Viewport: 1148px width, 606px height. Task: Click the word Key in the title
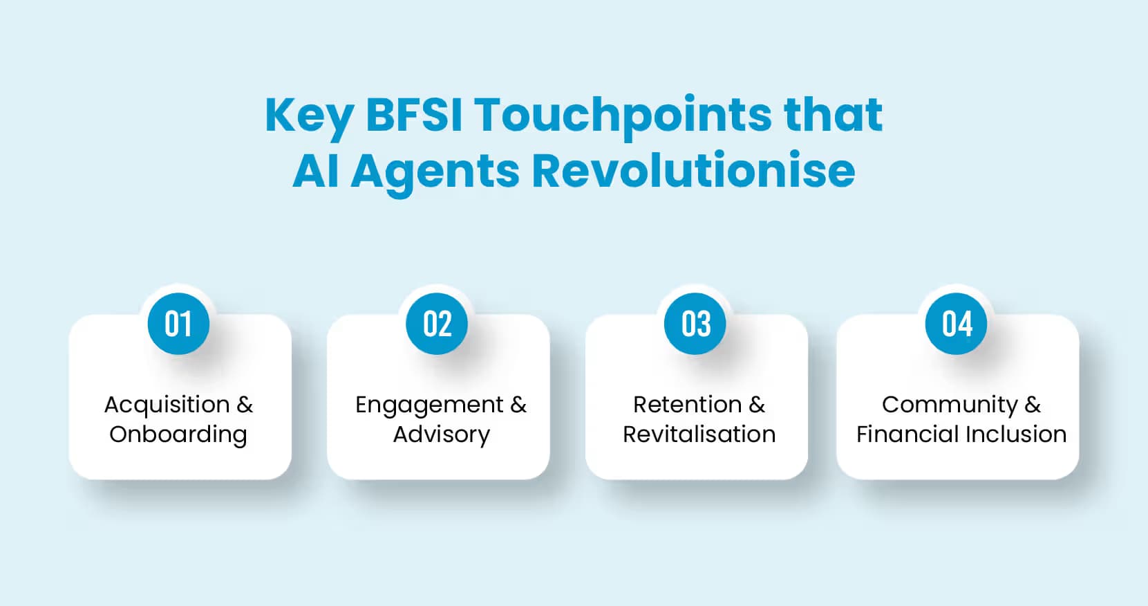tap(308, 116)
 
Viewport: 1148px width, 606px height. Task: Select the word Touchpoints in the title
tap(622, 116)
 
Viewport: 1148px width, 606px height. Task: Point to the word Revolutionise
tap(693, 170)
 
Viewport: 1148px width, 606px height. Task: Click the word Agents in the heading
tap(435, 172)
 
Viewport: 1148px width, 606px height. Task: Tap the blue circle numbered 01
tap(178, 324)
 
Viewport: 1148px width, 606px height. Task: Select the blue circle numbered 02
tap(437, 324)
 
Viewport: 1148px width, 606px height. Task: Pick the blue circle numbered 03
tap(695, 324)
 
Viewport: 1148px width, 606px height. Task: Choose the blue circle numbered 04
tap(957, 324)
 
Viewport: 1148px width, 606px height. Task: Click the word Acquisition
tap(167, 405)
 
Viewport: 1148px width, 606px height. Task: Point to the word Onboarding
tap(178, 434)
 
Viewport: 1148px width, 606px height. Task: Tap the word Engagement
tap(429, 405)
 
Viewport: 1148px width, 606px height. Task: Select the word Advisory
tap(442, 434)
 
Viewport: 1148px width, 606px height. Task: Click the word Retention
tap(687, 405)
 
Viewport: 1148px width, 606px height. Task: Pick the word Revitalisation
tap(699, 434)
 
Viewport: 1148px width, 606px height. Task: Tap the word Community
tap(950, 405)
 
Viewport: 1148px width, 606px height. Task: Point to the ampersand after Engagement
tap(518, 405)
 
